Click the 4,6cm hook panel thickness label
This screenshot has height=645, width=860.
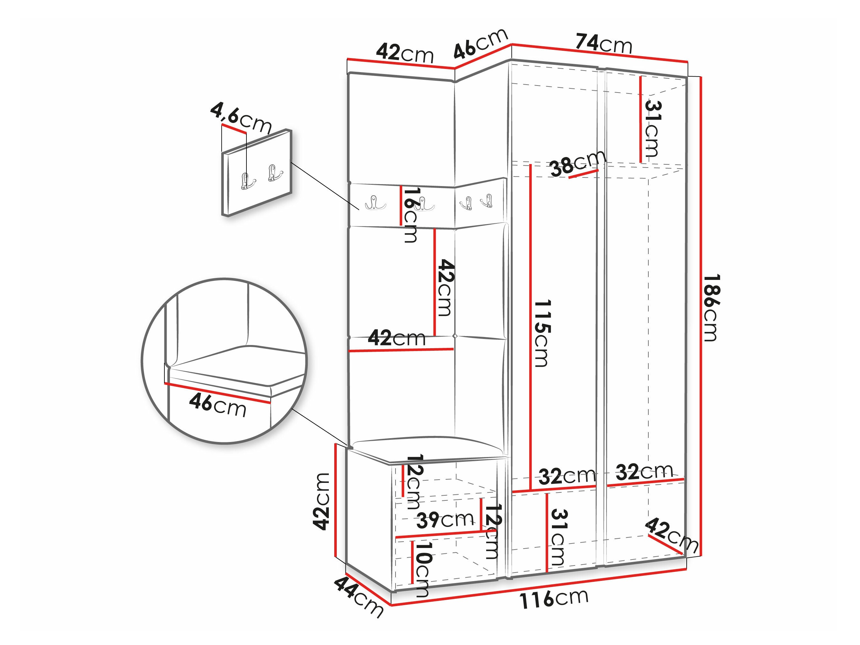pyautogui.click(x=241, y=117)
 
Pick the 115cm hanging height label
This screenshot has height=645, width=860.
pyautogui.click(x=542, y=333)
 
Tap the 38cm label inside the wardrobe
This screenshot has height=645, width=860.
pyautogui.click(x=578, y=163)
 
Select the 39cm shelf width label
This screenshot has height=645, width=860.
pyautogui.click(x=445, y=520)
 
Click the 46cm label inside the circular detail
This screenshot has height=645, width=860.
pyautogui.click(x=218, y=406)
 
